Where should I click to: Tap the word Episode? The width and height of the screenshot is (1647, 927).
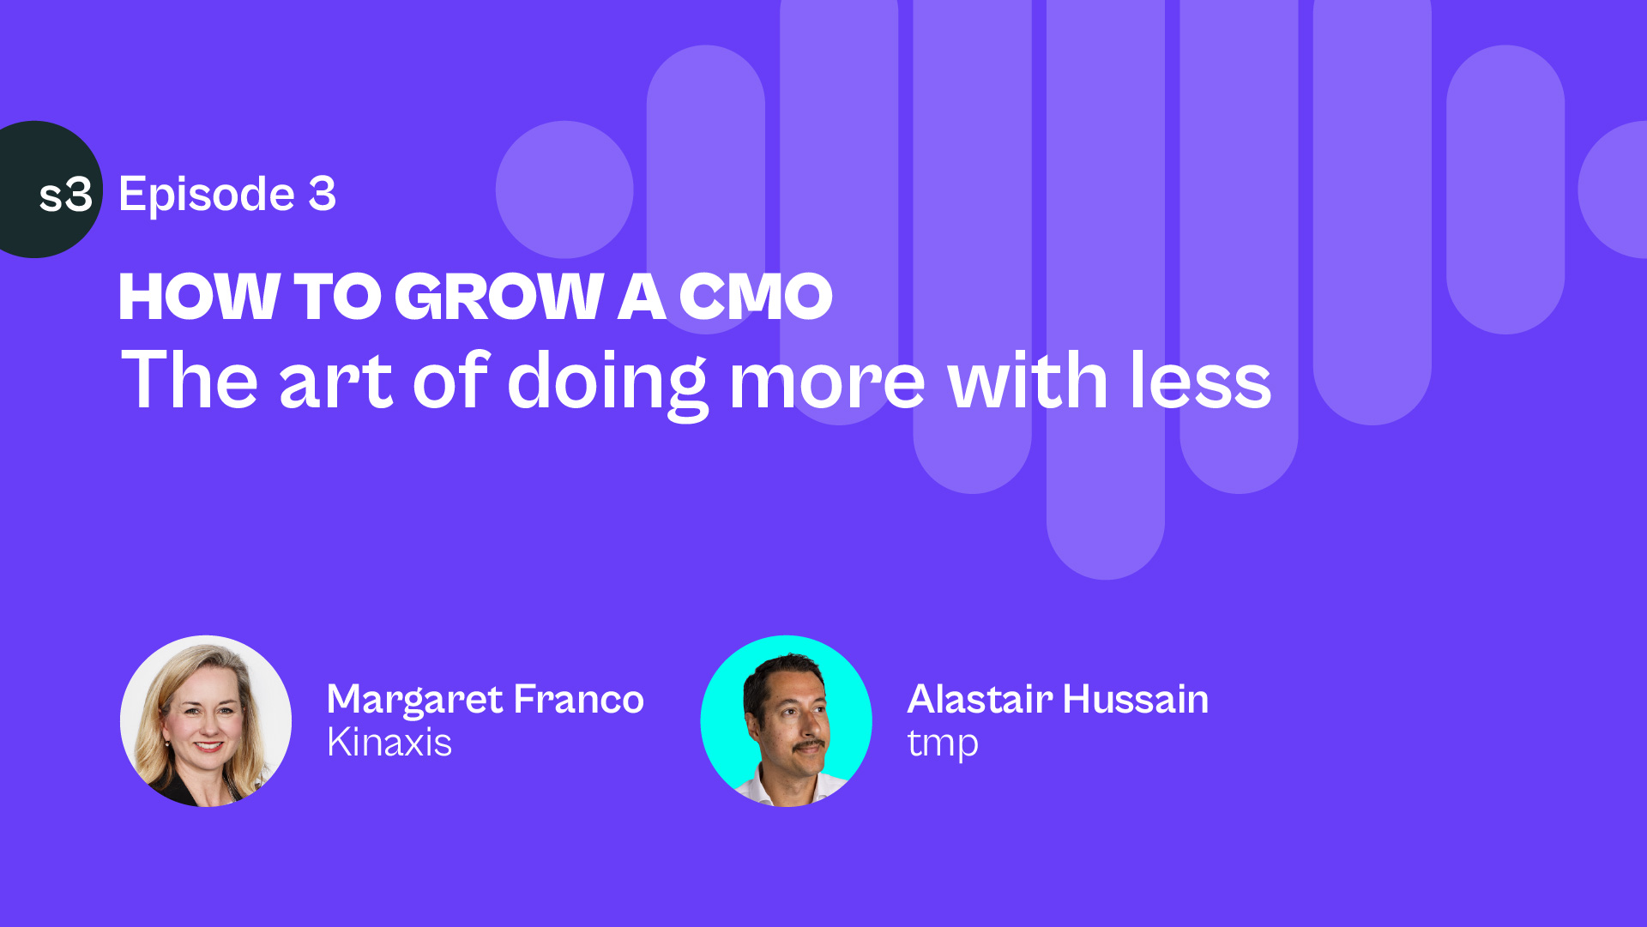pos(207,196)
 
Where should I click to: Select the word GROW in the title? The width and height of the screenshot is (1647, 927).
pos(499,297)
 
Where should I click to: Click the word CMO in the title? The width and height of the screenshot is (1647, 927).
pos(756,297)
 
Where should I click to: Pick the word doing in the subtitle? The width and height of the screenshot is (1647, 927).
pos(607,383)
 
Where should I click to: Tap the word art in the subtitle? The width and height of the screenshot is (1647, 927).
pos(335,382)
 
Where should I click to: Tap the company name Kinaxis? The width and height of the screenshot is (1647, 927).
pos(389,743)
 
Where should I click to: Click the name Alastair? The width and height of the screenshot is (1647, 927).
pos(980,699)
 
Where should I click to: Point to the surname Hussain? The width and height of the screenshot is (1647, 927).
pos(1136,699)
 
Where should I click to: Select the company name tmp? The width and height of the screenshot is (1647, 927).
pos(943,744)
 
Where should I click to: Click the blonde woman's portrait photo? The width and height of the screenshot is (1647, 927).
pos(206,721)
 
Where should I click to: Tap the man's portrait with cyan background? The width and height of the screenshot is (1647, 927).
pos(787,721)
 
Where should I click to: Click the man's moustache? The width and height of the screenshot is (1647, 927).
pos(809,746)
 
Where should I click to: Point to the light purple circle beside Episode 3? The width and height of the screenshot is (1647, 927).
pos(564,190)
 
